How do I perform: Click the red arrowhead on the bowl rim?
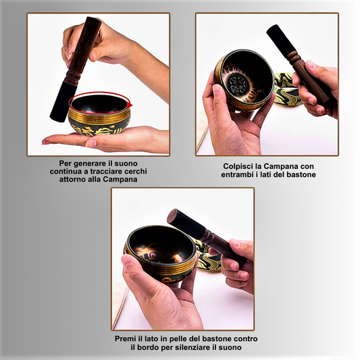[130, 105]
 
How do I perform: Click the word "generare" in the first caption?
[89, 163]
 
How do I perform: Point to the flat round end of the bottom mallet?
[172, 215]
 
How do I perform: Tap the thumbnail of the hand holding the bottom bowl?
[128, 261]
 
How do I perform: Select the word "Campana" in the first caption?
[120, 179]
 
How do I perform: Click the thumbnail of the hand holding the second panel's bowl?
[217, 90]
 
